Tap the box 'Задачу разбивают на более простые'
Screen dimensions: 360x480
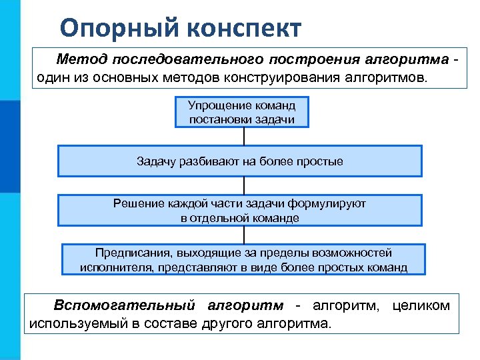pyautogui.click(x=240, y=161)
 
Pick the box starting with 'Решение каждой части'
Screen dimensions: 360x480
pyautogui.click(x=240, y=210)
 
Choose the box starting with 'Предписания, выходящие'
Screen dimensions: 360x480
pyautogui.click(x=243, y=260)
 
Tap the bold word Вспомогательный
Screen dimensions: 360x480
pyautogui.click(x=125, y=305)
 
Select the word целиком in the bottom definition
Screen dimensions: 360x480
pyautogui.click(x=421, y=305)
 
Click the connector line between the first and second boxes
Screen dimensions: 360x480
pyautogui.click(x=244, y=137)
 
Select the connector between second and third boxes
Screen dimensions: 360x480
pyautogui.click(x=244, y=185)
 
